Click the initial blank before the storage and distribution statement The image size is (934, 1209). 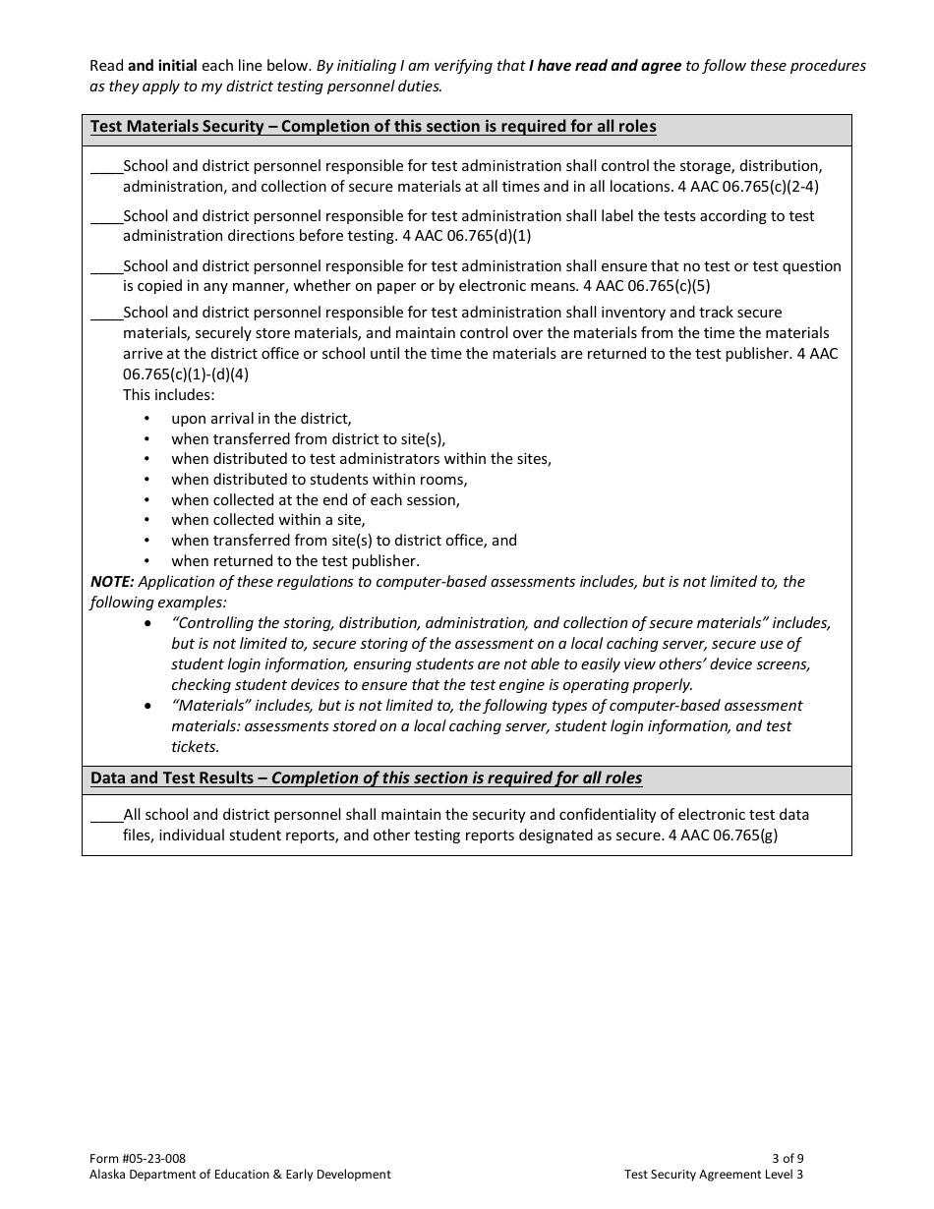tap(106, 167)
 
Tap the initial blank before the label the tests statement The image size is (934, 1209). tap(106, 217)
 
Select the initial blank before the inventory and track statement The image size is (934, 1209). tap(106, 314)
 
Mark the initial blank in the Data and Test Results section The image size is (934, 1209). tap(106, 816)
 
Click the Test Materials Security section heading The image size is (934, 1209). tap(373, 127)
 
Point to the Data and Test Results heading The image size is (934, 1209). tap(366, 778)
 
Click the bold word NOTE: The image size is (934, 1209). tap(112, 582)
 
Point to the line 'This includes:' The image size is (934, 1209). tap(168, 395)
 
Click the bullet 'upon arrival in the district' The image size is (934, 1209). tap(261, 419)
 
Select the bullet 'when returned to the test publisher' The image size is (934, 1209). tap(295, 561)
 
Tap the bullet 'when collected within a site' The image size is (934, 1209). tap(267, 520)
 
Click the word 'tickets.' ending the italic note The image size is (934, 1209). tap(196, 747)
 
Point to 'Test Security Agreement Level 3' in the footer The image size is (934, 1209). tap(713, 1175)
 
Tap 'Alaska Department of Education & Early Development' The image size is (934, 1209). tap(240, 1175)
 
